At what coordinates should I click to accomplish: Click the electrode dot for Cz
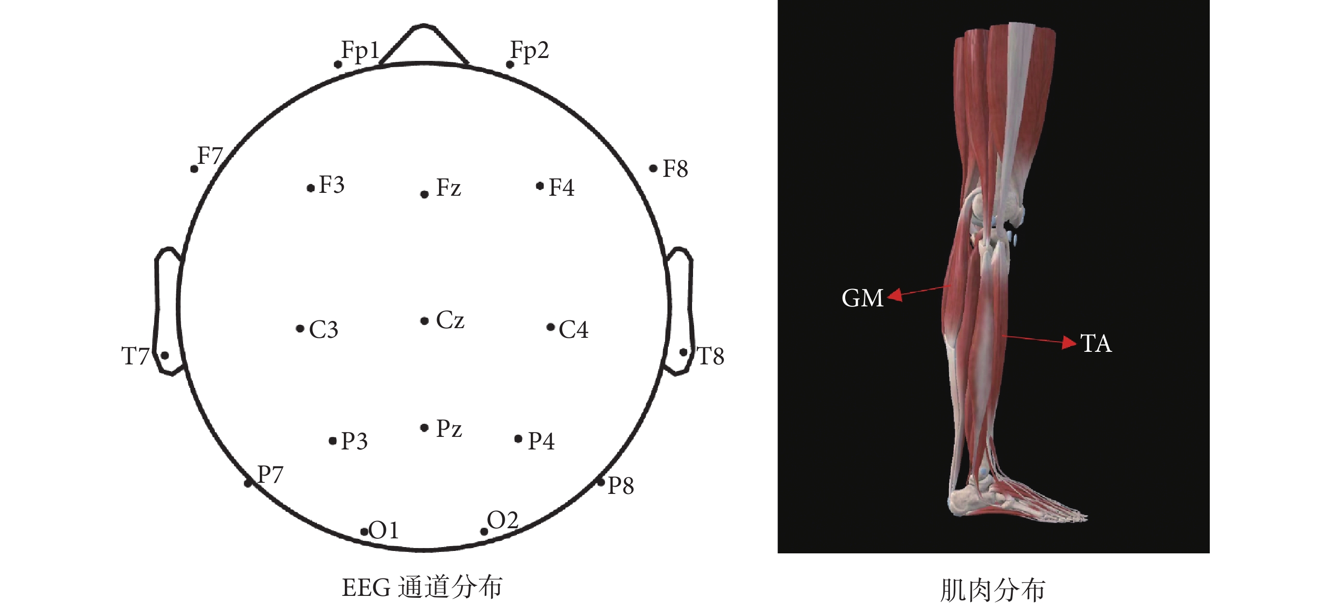(424, 321)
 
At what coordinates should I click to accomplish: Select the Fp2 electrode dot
(510, 65)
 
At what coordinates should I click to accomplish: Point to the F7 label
(210, 156)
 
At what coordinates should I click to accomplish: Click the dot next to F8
(653, 168)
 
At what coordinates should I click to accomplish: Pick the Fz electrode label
(449, 187)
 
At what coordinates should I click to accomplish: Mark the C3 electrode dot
(300, 328)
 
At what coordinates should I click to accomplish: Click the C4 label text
(574, 329)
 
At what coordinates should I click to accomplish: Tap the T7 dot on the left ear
(165, 355)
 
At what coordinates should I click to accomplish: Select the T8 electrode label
(710, 356)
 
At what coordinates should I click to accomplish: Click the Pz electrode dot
(424, 428)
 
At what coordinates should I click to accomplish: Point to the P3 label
(354, 441)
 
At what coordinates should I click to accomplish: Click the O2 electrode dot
(484, 532)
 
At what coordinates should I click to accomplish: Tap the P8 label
(621, 486)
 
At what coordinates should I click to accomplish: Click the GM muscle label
(863, 298)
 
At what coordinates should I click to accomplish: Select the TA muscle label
(1096, 344)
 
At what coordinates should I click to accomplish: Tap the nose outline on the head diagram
(424, 44)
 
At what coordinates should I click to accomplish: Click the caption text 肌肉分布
(992, 590)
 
